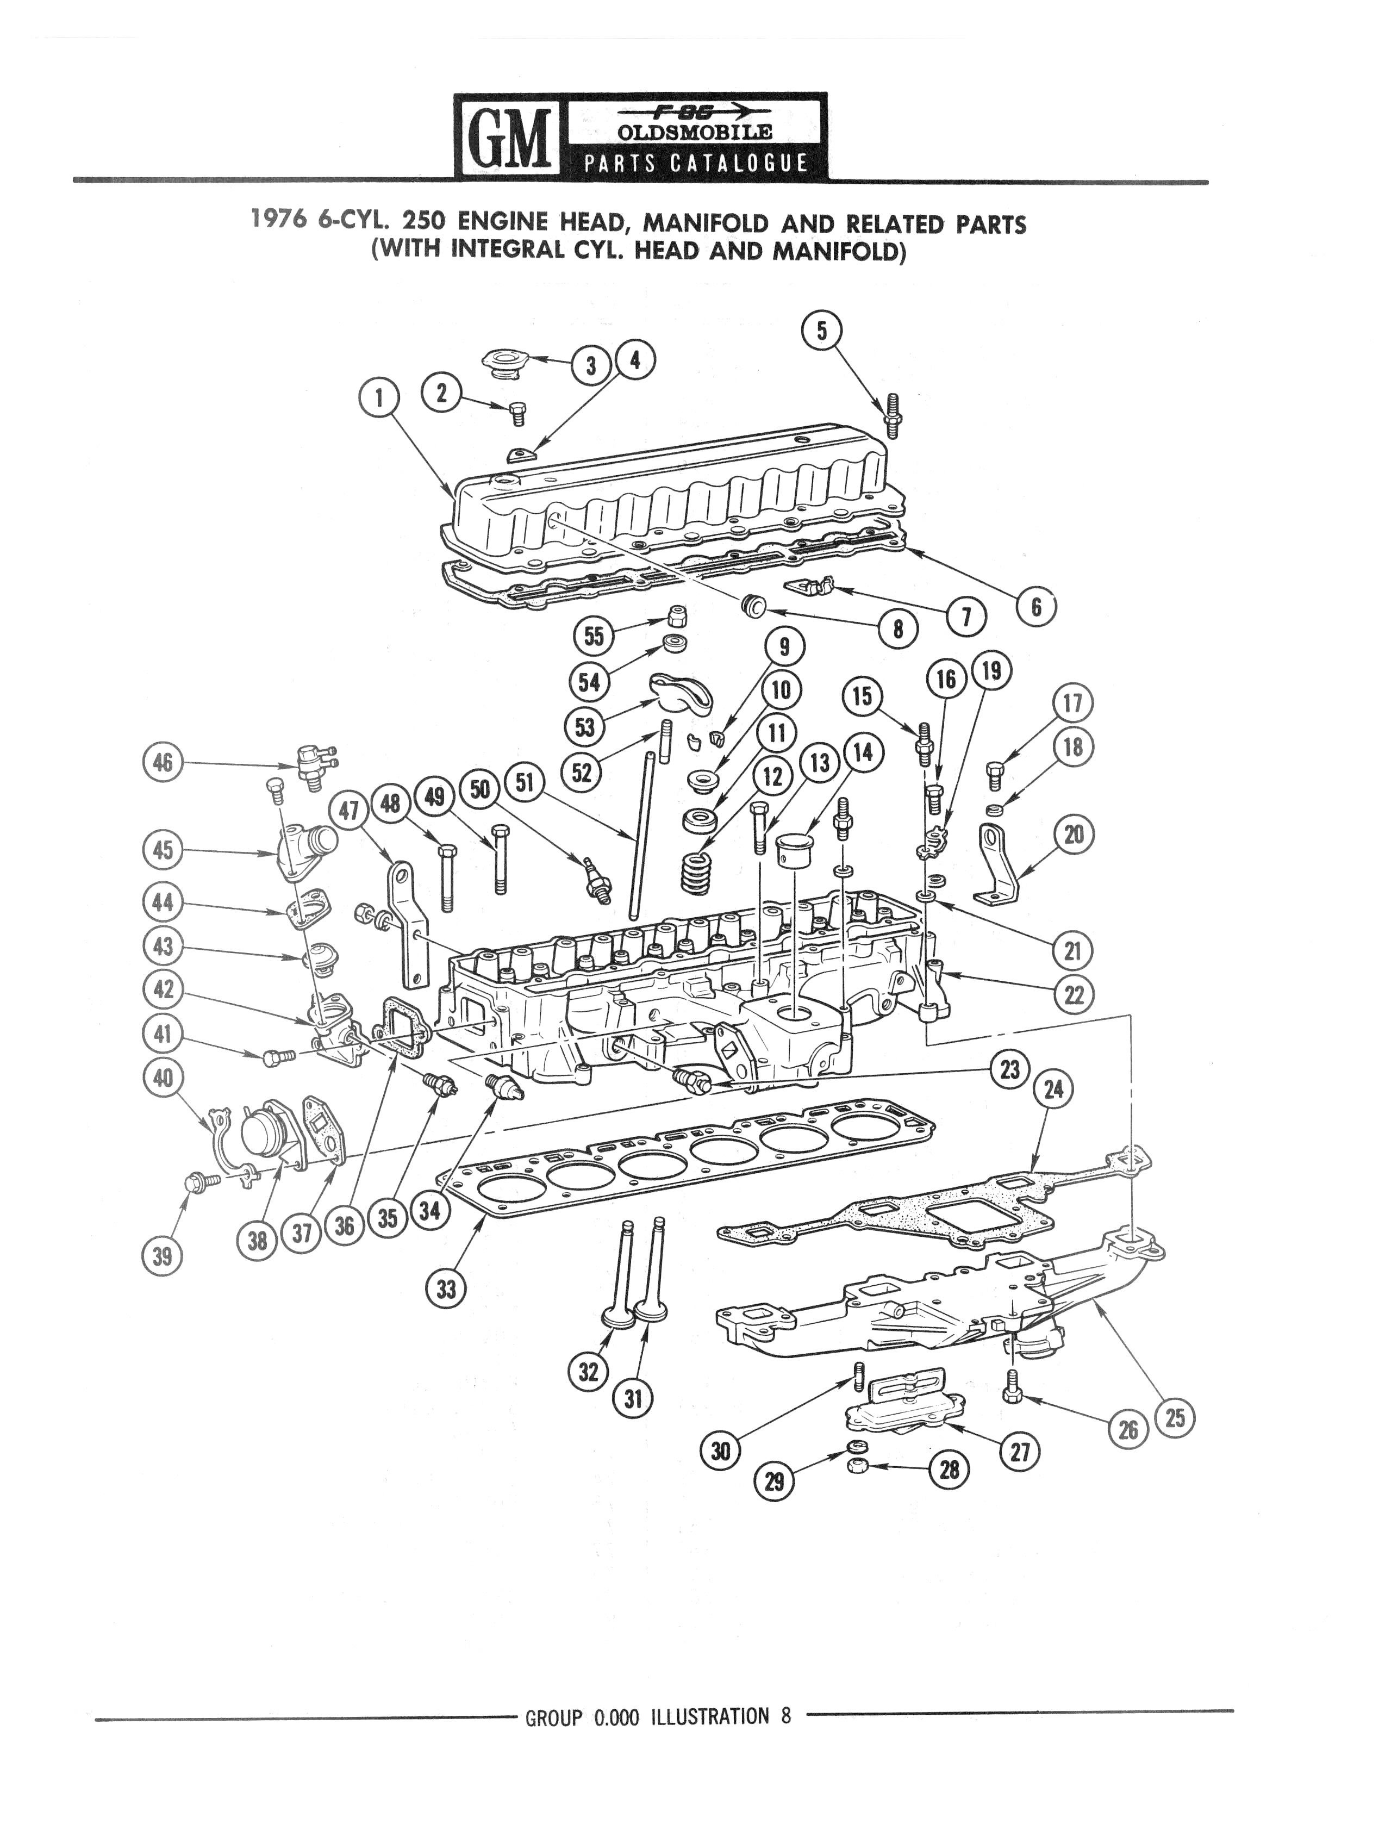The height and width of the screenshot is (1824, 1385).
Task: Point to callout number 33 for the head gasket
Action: coord(446,1288)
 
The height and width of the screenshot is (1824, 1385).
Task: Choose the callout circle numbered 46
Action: coord(163,762)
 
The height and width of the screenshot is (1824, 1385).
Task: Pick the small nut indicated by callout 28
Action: coord(859,1466)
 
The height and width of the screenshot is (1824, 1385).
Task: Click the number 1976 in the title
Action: coord(279,220)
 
